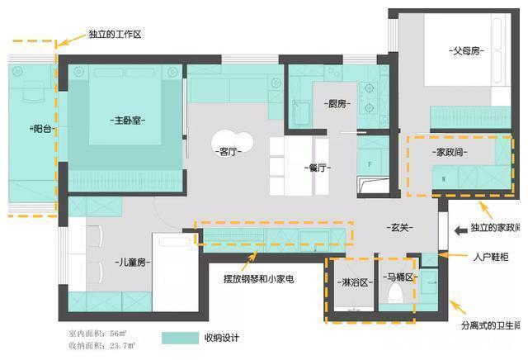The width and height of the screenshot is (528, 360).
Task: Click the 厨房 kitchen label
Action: coord(337,104)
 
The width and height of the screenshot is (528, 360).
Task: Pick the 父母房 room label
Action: coord(466,50)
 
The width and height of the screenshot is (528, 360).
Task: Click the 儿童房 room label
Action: coord(131,263)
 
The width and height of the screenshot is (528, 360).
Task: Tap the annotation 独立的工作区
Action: coord(115,35)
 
